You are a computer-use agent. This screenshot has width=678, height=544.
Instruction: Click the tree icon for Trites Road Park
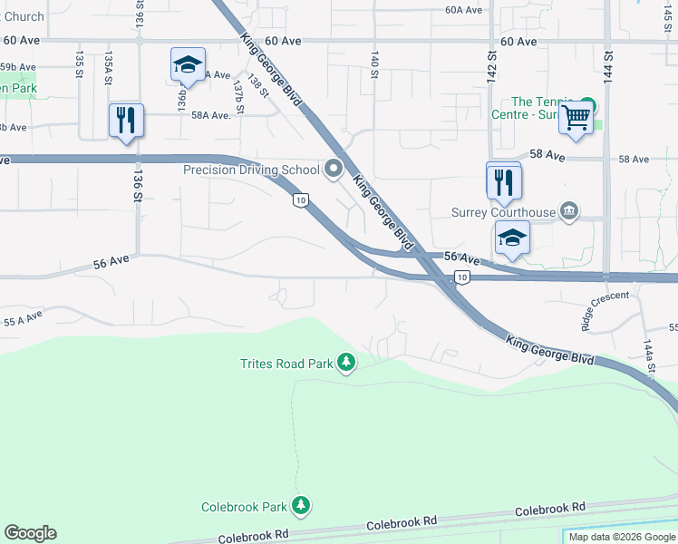point(345,363)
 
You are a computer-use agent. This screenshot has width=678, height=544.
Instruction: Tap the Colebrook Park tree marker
point(302,506)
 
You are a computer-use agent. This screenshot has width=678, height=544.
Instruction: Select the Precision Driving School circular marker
point(334,169)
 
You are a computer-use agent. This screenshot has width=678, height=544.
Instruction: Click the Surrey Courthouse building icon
point(568,212)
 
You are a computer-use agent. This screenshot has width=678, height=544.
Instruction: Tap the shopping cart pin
point(576,118)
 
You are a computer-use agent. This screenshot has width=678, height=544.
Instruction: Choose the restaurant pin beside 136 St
point(125,121)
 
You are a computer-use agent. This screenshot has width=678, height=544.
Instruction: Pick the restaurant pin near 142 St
point(503,181)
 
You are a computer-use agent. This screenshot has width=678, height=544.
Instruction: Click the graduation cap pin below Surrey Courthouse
point(512,239)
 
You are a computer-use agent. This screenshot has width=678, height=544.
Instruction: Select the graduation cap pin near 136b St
point(188,66)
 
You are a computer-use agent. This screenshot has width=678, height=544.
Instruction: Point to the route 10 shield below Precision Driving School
point(299,199)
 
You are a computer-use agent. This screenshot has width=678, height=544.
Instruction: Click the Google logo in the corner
point(30,533)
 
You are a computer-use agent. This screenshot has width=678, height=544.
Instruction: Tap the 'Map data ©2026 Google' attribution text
point(621,537)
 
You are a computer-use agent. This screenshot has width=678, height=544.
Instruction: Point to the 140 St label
point(373,63)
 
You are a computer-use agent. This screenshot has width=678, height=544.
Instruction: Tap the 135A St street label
point(108,68)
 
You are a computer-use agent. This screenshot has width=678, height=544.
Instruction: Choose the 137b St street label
point(238,96)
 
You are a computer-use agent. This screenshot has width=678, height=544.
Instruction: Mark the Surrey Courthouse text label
point(503,213)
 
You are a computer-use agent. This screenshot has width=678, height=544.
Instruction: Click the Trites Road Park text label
point(286,364)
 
